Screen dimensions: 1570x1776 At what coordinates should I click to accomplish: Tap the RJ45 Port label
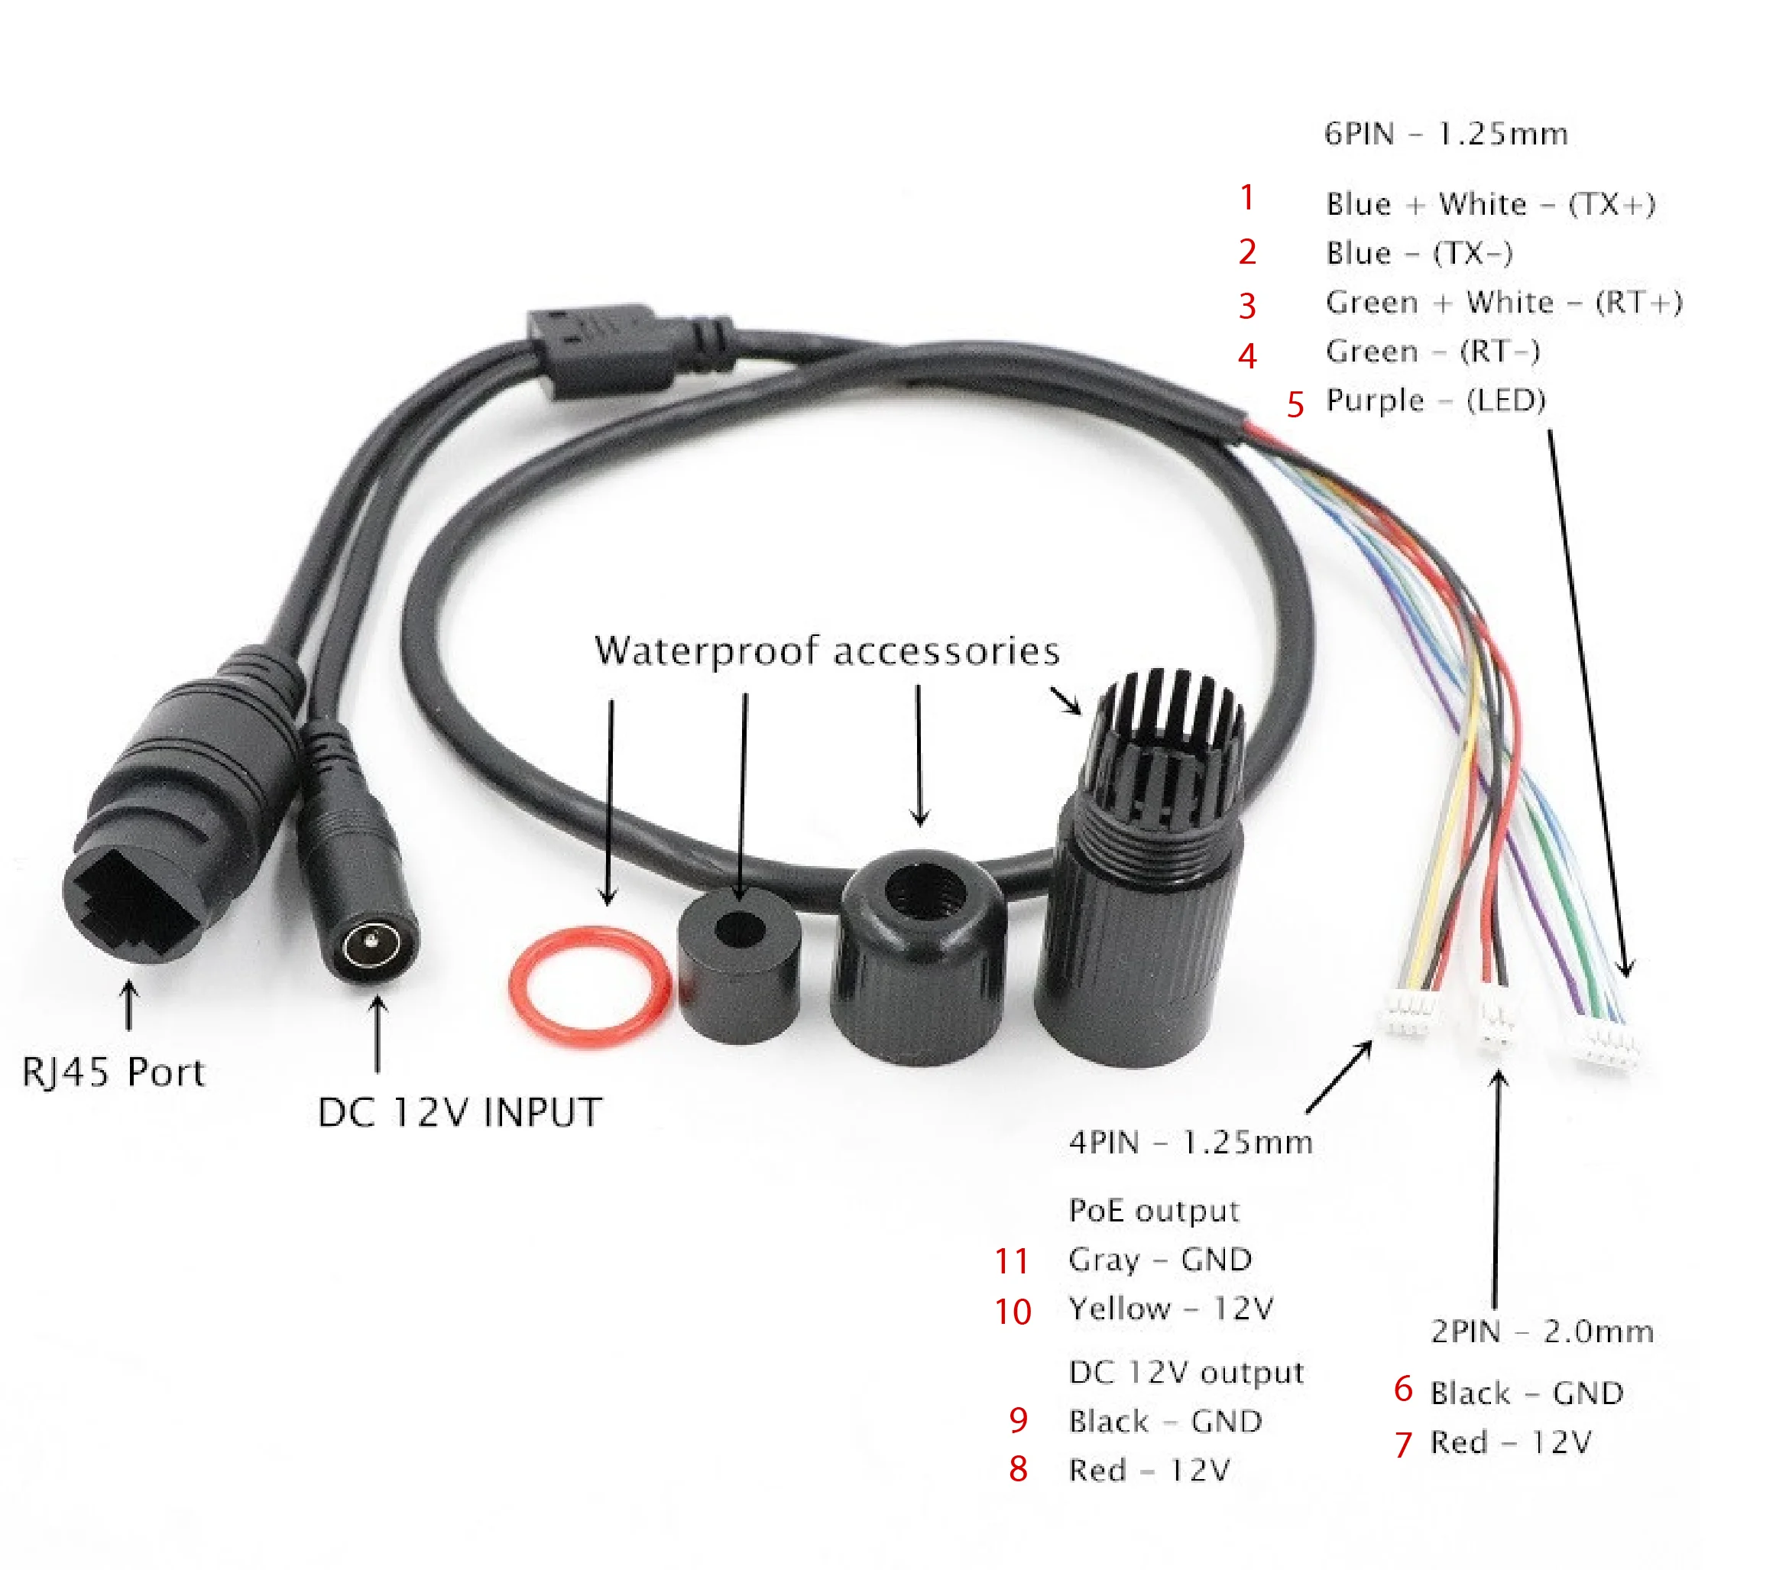pyautogui.click(x=113, y=1073)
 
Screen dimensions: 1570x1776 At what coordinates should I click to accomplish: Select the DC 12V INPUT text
pyautogui.click(x=459, y=1113)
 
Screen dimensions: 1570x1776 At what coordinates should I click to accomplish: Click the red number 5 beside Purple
pyautogui.click(x=1295, y=405)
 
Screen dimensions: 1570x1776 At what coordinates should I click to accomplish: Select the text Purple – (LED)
pyautogui.click(x=1435, y=401)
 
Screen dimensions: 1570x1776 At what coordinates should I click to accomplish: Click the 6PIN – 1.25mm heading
pyautogui.click(x=1446, y=134)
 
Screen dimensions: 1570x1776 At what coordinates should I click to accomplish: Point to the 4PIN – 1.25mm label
pyautogui.click(x=1191, y=1143)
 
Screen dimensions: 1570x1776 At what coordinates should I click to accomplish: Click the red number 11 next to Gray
pyautogui.click(x=1011, y=1261)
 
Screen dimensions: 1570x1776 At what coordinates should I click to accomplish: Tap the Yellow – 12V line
pyautogui.click(x=1171, y=1309)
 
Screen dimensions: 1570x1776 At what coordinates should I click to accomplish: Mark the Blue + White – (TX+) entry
pyautogui.click(x=1490, y=204)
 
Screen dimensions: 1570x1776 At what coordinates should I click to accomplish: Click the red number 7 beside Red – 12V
pyautogui.click(x=1402, y=1445)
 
